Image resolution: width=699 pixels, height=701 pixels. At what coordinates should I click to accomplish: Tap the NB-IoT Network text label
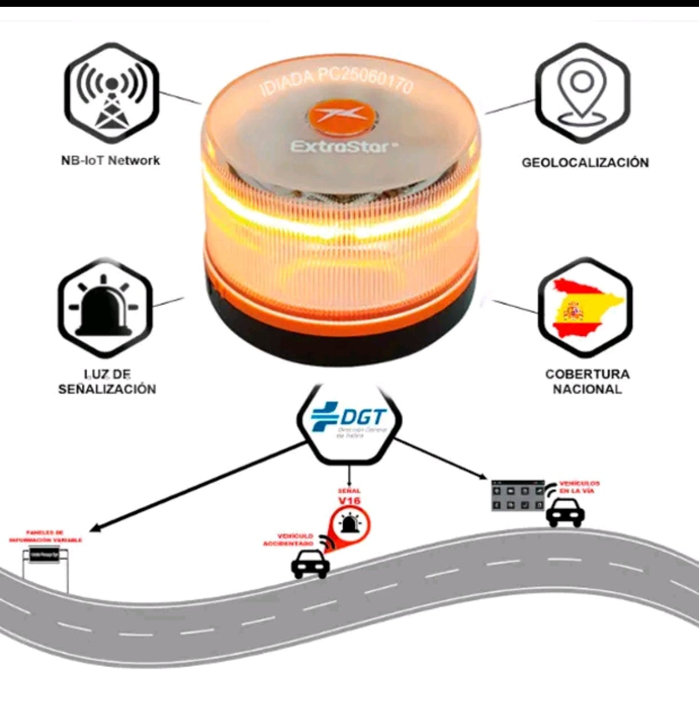pyautogui.click(x=111, y=160)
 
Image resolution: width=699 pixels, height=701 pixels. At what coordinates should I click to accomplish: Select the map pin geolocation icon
pyautogui.click(x=582, y=93)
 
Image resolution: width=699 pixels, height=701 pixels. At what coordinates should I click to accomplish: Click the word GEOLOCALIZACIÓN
pyautogui.click(x=585, y=163)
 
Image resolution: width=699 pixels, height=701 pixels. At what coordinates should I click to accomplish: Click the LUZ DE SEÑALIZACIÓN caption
pyautogui.click(x=107, y=382)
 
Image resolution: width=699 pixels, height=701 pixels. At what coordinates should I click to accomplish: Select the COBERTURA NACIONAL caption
pyautogui.click(x=587, y=382)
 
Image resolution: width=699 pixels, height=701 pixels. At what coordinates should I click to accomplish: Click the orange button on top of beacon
pyautogui.click(x=342, y=114)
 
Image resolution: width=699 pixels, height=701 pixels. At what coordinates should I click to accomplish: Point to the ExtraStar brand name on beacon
pyautogui.click(x=343, y=147)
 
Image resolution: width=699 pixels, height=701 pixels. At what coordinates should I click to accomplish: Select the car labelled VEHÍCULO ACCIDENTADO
pyautogui.click(x=311, y=564)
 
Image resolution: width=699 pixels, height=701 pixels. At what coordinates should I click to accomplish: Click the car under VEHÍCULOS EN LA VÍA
pyautogui.click(x=565, y=512)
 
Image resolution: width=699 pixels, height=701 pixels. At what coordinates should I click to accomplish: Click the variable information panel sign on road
pyautogui.click(x=45, y=557)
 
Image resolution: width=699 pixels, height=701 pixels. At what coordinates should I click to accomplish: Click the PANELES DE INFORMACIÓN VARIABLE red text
pyautogui.click(x=45, y=536)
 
